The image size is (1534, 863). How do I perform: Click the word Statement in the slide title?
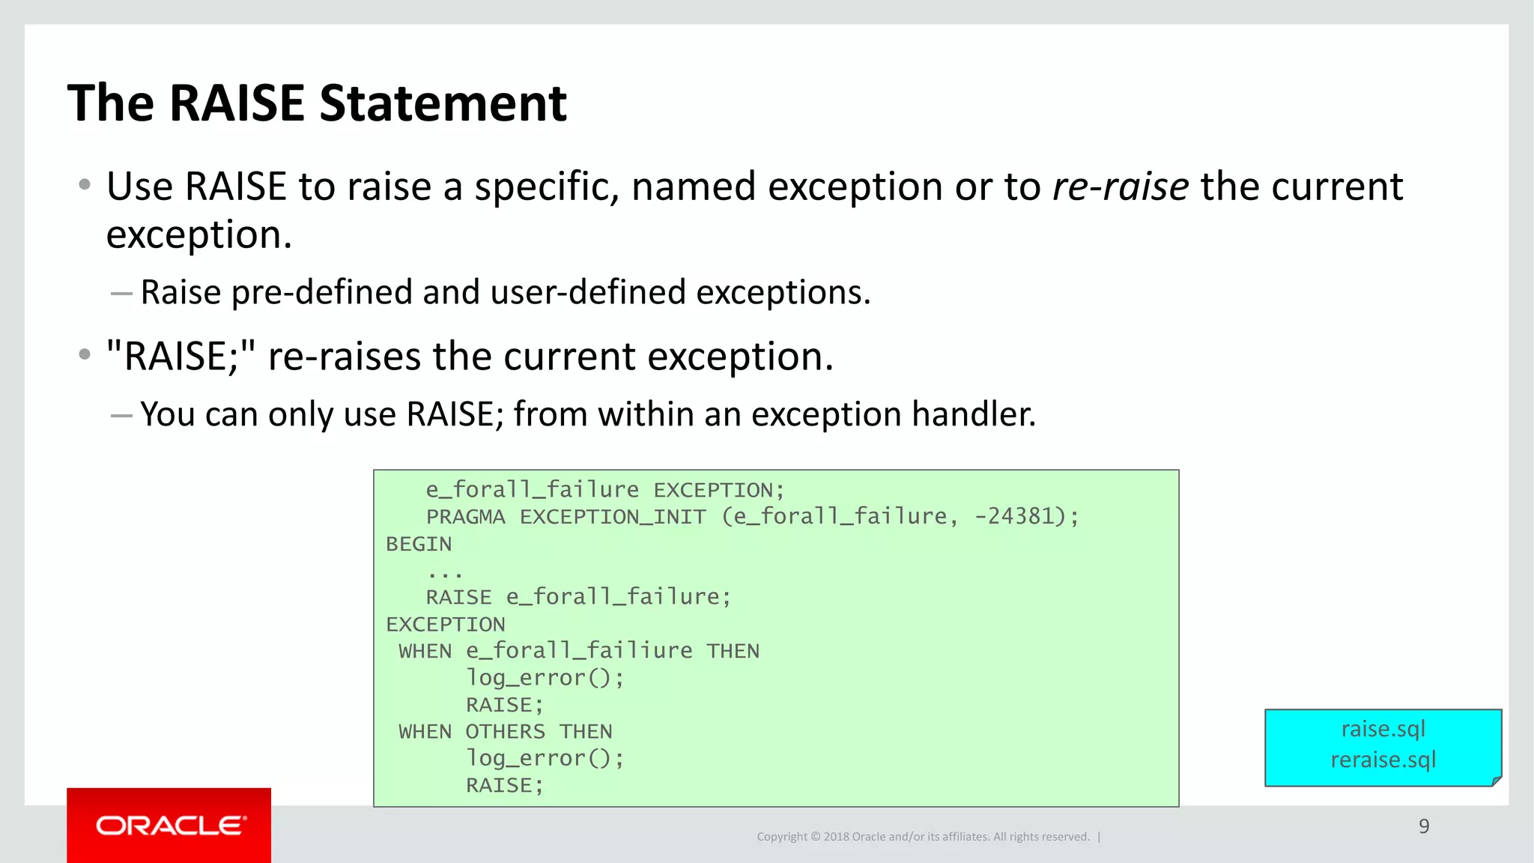(443, 103)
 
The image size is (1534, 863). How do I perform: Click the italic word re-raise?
(1120, 187)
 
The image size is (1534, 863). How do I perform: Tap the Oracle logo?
(169, 826)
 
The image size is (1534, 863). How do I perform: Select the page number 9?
(1423, 826)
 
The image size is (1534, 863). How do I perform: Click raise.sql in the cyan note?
(1383, 729)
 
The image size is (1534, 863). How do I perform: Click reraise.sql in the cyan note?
(1383, 760)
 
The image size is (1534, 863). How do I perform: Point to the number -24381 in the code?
(1013, 516)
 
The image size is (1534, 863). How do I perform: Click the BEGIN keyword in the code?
(419, 544)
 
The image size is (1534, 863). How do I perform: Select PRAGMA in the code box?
(465, 517)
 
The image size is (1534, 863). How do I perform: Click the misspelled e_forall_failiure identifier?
(579, 651)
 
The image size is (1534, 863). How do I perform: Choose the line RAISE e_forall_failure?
(577, 597)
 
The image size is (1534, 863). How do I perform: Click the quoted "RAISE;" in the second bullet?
(181, 357)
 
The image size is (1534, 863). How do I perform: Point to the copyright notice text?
(922, 837)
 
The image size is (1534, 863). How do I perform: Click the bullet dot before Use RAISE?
(85, 184)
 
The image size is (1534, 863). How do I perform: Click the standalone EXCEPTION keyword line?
(445, 624)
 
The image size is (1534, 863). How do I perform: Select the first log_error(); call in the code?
(545, 678)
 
